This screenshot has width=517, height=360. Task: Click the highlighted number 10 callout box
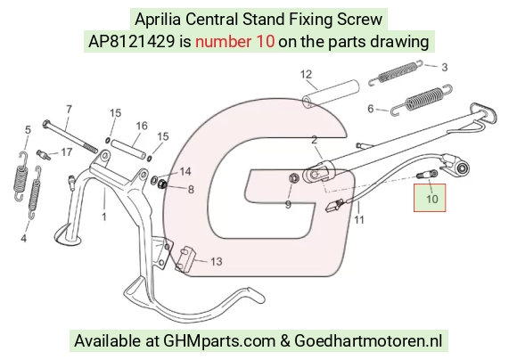(x=430, y=198)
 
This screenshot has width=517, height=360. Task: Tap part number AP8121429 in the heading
(x=131, y=42)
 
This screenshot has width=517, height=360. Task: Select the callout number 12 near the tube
(x=306, y=74)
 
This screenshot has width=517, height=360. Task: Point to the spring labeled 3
(x=396, y=72)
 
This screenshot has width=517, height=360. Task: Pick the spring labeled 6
(x=422, y=100)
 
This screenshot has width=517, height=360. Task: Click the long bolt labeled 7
(x=70, y=137)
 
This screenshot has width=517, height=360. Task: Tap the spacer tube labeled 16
(x=128, y=150)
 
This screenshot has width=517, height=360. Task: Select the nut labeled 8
(x=161, y=184)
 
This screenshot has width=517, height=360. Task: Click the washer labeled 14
(x=154, y=180)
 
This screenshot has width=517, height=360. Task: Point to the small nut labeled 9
(x=293, y=178)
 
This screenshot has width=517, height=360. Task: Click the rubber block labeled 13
(x=186, y=260)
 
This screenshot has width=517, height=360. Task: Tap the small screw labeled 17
(x=44, y=155)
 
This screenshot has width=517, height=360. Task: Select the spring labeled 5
(x=21, y=176)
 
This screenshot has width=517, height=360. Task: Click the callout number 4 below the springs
(x=24, y=238)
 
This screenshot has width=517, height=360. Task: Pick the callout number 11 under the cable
(x=359, y=219)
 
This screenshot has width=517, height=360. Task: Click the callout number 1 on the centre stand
(x=104, y=217)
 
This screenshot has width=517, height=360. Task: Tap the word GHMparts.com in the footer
(x=219, y=340)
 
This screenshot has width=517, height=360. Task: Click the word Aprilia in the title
(x=158, y=19)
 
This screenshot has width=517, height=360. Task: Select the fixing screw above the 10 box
(x=427, y=174)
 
